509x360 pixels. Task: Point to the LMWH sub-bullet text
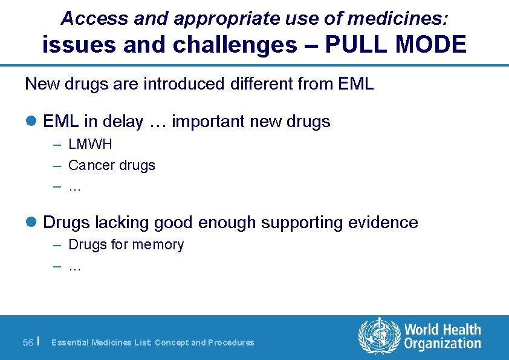(90, 145)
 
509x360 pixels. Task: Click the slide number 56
(28, 342)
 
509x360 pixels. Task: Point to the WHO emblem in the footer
(380, 336)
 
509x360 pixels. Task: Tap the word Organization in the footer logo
(443, 344)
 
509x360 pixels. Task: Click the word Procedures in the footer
(232, 342)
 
